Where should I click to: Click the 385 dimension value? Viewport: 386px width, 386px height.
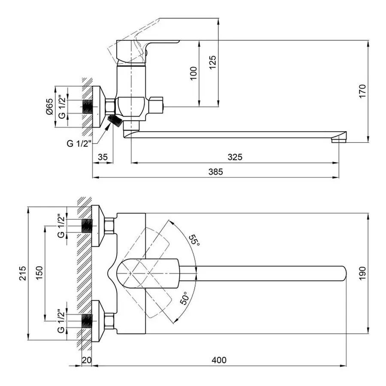click(216, 172)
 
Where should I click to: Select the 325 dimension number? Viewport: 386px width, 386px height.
click(235, 157)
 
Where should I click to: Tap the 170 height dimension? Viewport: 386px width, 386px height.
click(362, 91)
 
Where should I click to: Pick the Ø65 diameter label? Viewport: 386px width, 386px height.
click(50, 106)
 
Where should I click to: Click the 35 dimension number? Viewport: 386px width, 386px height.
click(103, 157)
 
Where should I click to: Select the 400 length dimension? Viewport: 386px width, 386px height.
click(219, 360)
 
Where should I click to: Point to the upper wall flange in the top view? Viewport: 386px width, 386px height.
click(99, 226)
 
